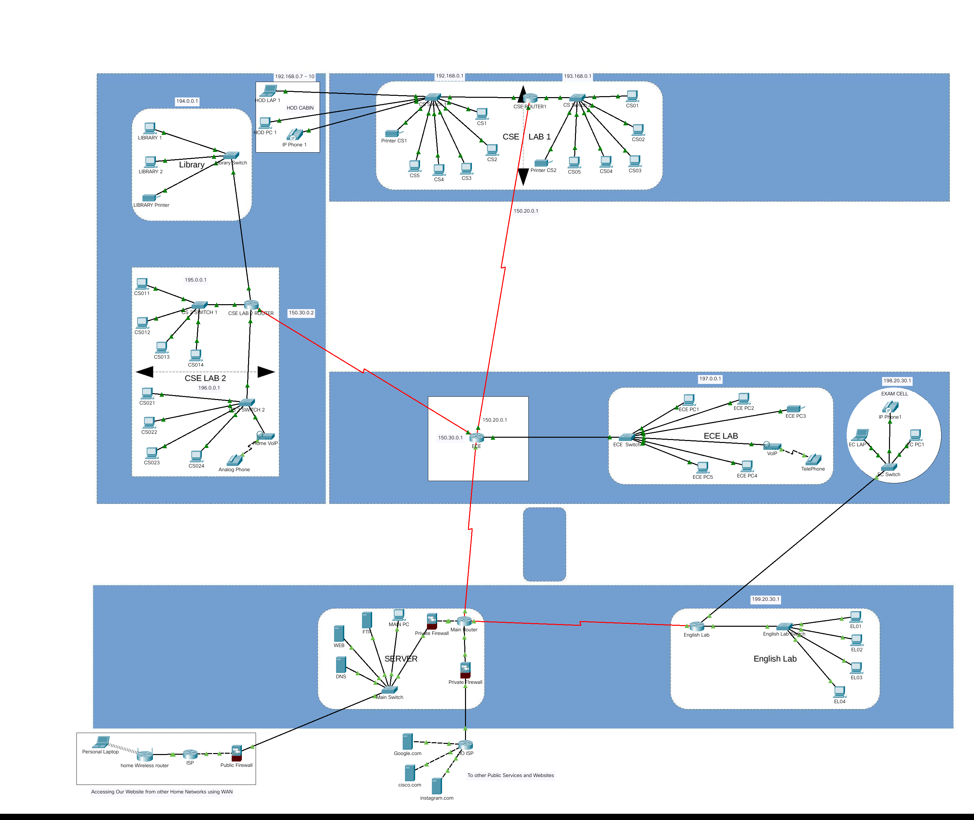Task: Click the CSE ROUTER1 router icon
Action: tap(530, 98)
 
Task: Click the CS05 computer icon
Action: tap(574, 162)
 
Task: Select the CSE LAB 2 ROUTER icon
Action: tap(251, 305)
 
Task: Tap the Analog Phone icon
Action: tap(234, 460)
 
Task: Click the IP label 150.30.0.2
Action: tap(301, 313)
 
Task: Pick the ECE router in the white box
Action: tap(476, 437)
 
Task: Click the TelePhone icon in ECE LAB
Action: tap(813, 460)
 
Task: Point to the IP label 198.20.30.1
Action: tap(897, 381)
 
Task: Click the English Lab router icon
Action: tap(697, 626)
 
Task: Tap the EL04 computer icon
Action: tap(840, 692)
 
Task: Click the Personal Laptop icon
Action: tap(101, 742)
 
